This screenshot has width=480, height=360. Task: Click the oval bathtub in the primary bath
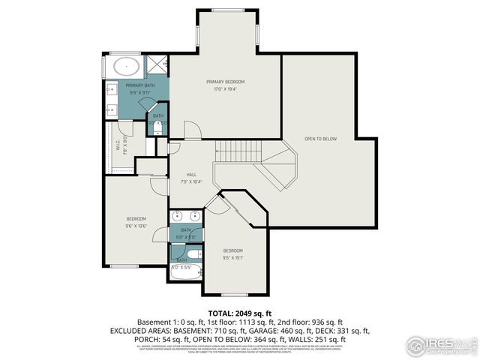click(127, 66)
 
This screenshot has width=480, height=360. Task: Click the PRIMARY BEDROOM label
click(225, 81)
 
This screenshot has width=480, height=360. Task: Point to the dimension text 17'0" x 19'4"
click(225, 88)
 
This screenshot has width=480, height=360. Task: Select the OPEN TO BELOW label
click(320, 139)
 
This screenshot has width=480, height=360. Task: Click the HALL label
click(181, 174)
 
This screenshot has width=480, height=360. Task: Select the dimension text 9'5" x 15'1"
click(232, 257)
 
